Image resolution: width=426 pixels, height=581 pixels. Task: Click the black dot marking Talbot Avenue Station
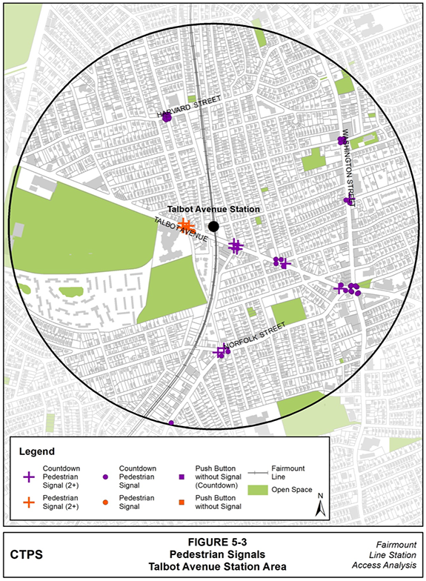(x=213, y=226)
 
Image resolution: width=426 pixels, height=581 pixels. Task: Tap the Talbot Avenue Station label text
(x=213, y=210)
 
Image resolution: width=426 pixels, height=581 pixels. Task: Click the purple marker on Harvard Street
(x=167, y=117)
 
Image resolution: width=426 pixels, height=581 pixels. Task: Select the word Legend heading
(x=36, y=451)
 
